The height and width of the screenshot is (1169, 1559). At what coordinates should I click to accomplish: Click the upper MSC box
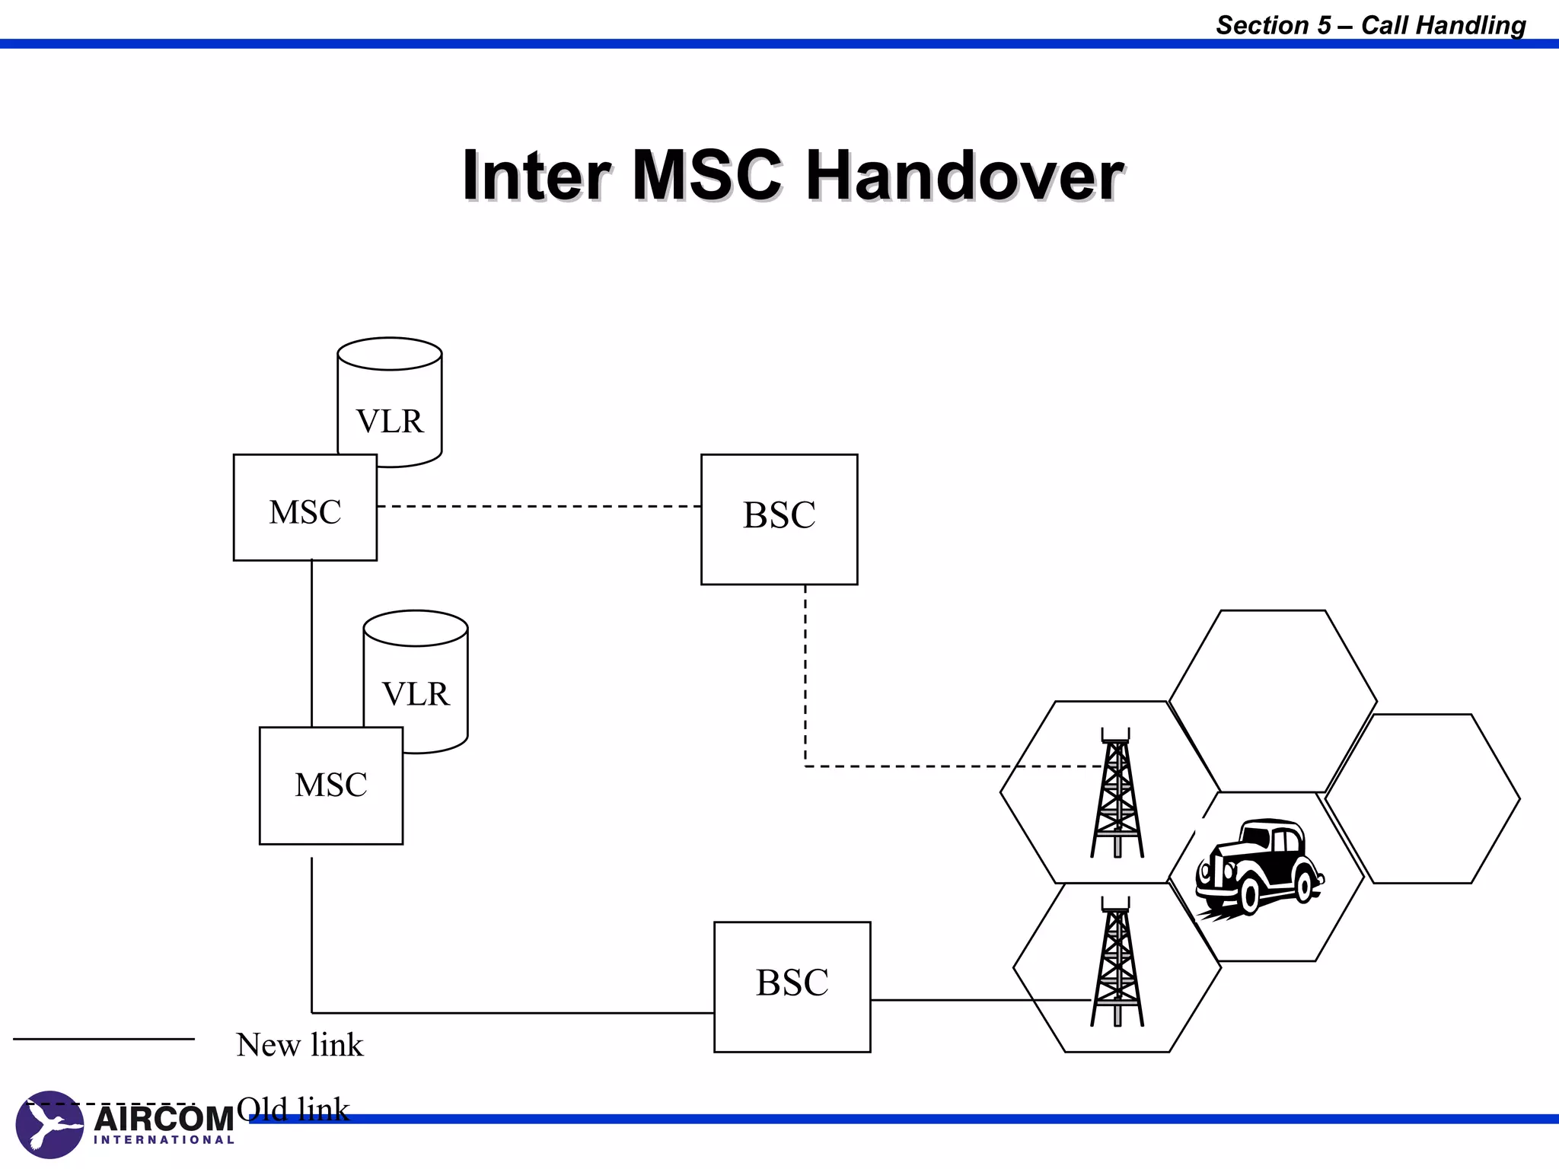304,508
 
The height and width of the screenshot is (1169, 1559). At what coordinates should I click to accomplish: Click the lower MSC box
330,785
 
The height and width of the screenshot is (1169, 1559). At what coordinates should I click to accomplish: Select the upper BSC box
779,519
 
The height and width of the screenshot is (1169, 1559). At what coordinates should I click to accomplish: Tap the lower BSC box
792,986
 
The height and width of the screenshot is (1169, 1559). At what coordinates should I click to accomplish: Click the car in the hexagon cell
1260,868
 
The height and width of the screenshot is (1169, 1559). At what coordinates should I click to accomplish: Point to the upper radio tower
1117,795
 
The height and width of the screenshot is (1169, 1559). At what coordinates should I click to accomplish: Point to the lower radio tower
1117,963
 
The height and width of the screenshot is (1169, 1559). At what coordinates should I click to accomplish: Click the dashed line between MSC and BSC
539,506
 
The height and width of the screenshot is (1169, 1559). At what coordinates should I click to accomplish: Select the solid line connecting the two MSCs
311,643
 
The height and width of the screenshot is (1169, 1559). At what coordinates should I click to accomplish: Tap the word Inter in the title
537,177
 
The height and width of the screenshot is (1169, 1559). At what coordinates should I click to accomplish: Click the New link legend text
300,1045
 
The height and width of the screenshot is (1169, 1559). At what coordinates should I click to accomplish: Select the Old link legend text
293,1109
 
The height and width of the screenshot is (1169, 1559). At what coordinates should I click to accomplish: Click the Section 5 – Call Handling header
1370,25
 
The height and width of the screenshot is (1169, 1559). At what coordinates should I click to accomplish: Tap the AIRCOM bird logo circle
49,1124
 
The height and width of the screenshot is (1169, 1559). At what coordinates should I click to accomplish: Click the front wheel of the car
1250,897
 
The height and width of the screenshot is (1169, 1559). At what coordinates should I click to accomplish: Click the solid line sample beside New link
104,1039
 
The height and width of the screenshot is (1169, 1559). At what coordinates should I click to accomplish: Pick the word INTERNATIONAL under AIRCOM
164,1140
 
